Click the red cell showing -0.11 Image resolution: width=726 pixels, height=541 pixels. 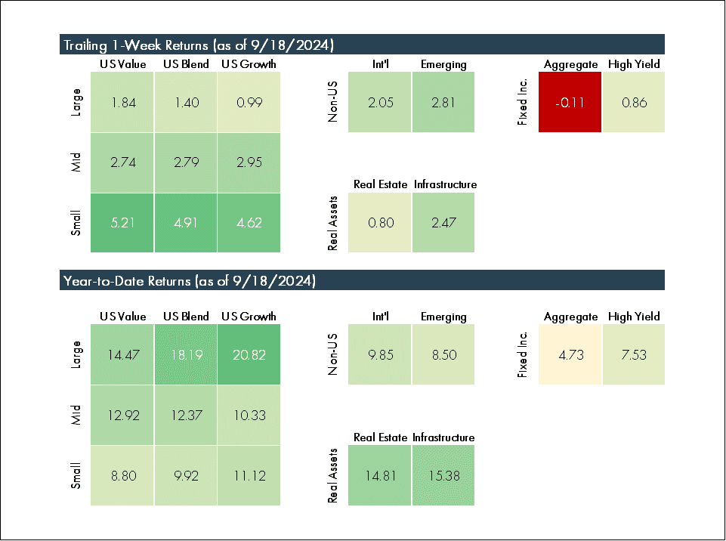point(570,102)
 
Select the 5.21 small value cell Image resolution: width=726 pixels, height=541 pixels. point(122,223)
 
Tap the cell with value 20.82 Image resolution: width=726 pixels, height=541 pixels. point(249,354)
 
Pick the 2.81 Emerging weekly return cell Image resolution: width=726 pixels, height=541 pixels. point(443,102)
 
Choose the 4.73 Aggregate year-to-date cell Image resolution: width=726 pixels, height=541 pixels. point(570,354)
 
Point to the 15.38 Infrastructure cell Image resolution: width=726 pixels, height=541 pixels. point(443,475)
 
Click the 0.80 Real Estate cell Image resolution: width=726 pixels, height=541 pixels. point(380,223)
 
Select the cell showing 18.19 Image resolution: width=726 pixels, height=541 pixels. point(186,354)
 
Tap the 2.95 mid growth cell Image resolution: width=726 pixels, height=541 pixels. point(249,162)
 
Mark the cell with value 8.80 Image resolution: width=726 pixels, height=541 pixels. point(122,475)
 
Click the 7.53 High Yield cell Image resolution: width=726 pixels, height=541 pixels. point(634,354)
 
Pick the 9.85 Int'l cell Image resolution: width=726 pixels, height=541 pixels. point(380,354)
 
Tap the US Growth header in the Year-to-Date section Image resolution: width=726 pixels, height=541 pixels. point(249,317)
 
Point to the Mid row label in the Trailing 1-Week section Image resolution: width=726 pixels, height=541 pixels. point(76,162)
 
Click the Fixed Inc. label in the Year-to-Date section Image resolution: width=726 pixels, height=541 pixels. point(522,354)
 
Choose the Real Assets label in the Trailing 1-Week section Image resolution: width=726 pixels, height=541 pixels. point(332,223)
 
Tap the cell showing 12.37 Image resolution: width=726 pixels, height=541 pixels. point(186,415)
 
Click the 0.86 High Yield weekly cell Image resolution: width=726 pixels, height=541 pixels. point(634,102)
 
